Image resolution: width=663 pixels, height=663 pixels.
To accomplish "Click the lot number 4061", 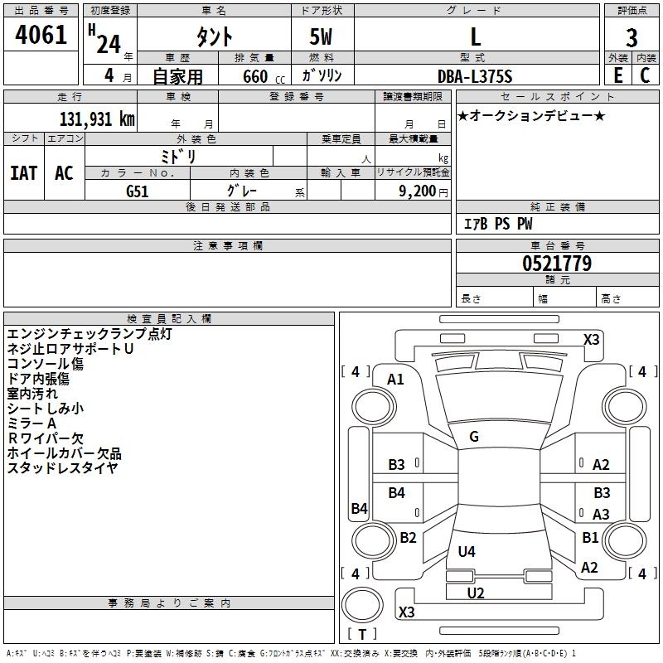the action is tap(41, 35).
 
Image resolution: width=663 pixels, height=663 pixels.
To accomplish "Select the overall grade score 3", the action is tap(632, 37).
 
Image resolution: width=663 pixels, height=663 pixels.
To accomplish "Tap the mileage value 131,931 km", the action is tap(97, 119).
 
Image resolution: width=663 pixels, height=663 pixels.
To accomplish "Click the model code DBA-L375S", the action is tap(475, 76).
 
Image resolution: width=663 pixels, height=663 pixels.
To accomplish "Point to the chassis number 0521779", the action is tap(557, 264).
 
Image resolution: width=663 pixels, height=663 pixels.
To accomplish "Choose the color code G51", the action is tap(138, 191).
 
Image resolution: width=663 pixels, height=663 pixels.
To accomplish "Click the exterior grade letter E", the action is tap(618, 75).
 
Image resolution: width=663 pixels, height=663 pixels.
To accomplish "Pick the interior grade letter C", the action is tap(645, 75).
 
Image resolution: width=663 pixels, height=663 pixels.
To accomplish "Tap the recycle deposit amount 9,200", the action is tap(417, 191).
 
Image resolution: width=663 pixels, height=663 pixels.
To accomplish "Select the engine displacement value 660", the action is tap(255, 76).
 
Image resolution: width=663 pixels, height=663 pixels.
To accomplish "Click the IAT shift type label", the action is tap(24, 173).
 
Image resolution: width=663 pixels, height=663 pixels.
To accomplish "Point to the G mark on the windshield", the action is tap(474, 437).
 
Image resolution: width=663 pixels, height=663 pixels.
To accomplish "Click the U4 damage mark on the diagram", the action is tap(467, 551).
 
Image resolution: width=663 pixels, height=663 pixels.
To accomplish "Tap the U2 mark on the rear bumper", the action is tap(475, 593).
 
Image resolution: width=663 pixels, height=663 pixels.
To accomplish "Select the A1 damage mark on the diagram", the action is tap(395, 380).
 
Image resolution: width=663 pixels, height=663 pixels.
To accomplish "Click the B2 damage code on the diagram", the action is tap(408, 537).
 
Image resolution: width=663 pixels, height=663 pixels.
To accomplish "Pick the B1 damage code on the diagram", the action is tap(590, 537).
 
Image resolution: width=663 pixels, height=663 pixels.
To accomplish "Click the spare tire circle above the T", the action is tap(362, 605).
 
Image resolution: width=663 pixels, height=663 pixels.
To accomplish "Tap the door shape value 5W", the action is tap(321, 36).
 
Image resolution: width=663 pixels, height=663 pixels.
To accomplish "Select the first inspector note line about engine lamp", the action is tap(90, 334).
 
